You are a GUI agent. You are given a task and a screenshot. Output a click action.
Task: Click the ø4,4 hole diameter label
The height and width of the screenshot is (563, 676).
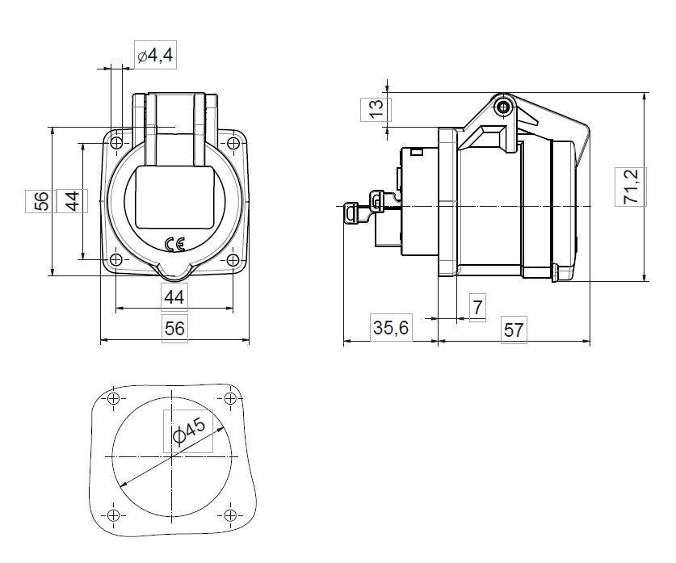click(154, 56)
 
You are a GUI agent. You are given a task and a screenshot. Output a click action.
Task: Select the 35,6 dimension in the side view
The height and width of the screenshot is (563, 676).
click(390, 329)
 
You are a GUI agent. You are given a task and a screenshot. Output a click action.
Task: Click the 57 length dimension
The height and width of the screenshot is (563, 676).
click(514, 330)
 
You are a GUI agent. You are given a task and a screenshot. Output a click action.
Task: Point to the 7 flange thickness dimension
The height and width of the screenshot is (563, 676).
click(477, 308)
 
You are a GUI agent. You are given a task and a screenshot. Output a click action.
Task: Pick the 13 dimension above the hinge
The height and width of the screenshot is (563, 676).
click(376, 108)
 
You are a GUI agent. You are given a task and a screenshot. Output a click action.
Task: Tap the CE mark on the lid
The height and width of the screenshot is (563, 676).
click(174, 243)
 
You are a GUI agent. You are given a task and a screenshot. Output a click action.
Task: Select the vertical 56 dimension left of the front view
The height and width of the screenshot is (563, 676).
click(42, 200)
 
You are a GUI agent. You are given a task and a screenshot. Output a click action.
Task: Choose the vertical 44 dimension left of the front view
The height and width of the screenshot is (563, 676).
click(72, 200)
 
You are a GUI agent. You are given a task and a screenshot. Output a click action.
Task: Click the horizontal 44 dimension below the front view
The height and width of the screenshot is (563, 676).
click(174, 296)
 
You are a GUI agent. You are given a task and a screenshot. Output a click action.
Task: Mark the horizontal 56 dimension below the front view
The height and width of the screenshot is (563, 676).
click(174, 328)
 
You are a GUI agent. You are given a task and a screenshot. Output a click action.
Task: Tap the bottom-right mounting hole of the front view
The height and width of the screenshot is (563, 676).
click(233, 260)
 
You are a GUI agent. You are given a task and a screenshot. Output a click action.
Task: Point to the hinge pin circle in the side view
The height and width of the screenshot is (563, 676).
click(505, 107)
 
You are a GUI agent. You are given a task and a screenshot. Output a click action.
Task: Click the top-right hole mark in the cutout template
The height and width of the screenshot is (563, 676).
click(231, 399)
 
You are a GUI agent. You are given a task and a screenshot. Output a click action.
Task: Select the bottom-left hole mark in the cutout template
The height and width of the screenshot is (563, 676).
click(113, 515)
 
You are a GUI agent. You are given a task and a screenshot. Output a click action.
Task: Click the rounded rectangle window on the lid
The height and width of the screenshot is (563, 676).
click(174, 197)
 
